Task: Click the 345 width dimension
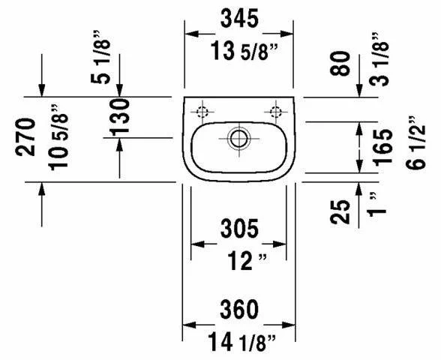(x=239, y=18)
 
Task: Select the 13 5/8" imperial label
(x=244, y=51)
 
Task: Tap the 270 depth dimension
(x=25, y=137)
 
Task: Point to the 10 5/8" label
(x=58, y=137)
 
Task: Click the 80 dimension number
(x=340, y=64)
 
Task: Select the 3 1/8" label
(x=379, y=59)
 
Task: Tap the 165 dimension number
(x=382, y=146)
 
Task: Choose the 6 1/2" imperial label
(x=415, y=142)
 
